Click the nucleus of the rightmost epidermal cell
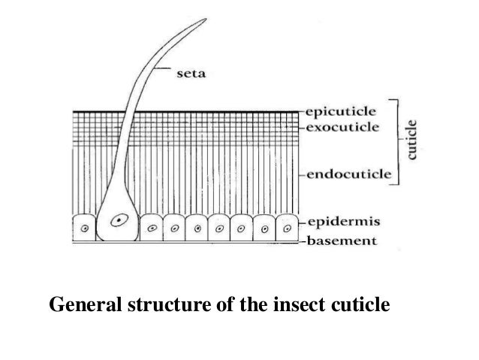(x=287, y=226)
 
